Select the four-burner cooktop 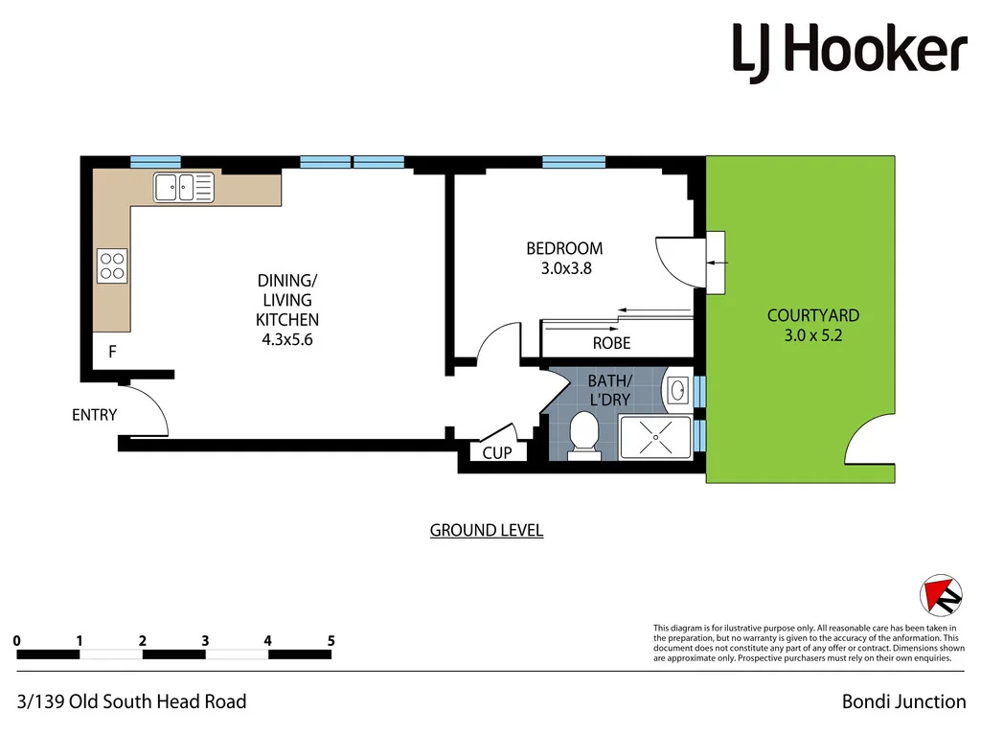tap(112, 265)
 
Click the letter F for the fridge tap(112, 353)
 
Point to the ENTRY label tap(94, 415)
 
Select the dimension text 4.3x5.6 tap(286, 338)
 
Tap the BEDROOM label tap(564, 249)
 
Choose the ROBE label tap(611, 343)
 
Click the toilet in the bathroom tap(582, 433)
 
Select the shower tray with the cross tap(655, 436)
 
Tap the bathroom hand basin tap(677, 390)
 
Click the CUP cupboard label tap(496, 453)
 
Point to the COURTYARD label tap(812, 315)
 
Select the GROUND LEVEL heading tap(486, 530)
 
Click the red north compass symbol tap(940, 595)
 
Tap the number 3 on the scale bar tap(205, 640)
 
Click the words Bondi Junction tap(903, 701)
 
